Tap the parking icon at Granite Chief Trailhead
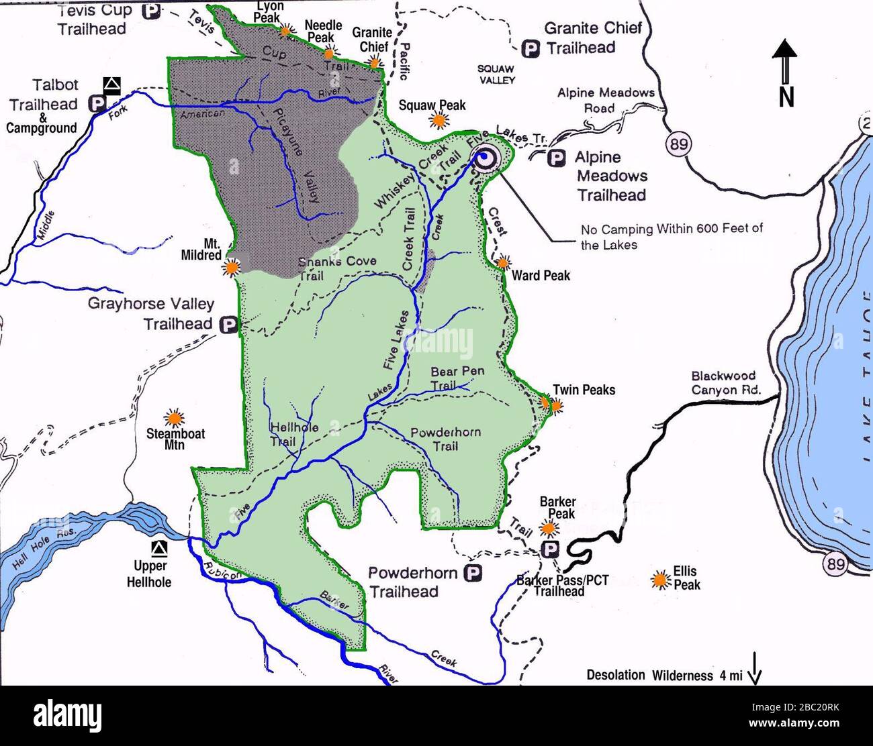[531, 49]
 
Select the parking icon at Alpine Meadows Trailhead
[555, 158]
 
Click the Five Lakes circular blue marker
[484, 158]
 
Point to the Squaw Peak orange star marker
[439, 120]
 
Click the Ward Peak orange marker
[503, 262]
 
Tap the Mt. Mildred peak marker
[232, 267]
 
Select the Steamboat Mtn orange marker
[175, 417]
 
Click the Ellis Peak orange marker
[661, 579]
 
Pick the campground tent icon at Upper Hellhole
[159, 548]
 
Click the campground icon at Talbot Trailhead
[112, 85]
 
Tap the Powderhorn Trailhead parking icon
[474, 574]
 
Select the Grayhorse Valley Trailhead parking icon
[229, 325]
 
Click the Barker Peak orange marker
[549, 528]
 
